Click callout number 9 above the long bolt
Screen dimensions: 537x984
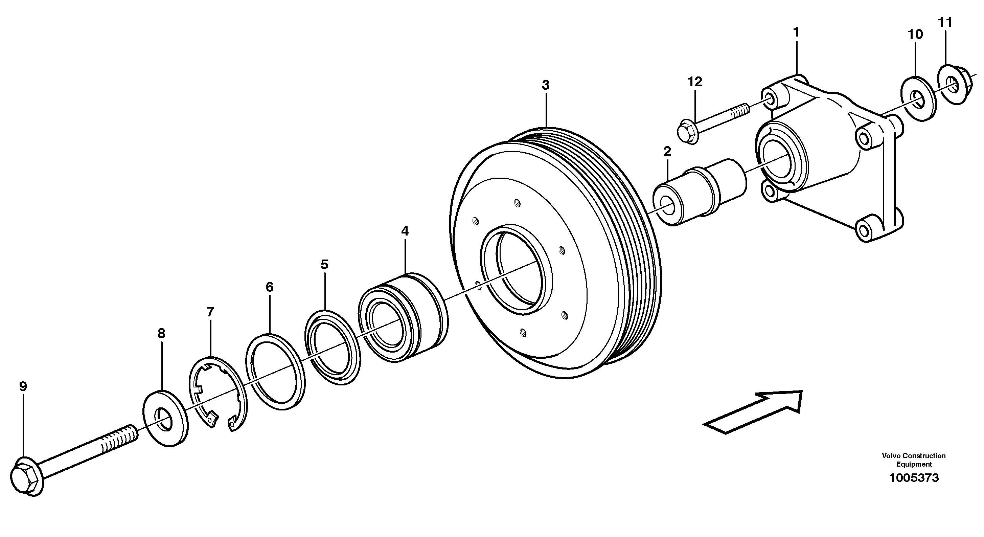23,387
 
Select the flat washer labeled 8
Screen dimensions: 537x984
166,418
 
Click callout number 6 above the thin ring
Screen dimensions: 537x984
270,287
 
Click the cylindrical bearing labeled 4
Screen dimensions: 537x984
403,317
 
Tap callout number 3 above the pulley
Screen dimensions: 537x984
546,85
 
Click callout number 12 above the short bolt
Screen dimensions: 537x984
695,82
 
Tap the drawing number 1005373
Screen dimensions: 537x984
914,478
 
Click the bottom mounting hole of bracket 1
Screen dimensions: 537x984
863,230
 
